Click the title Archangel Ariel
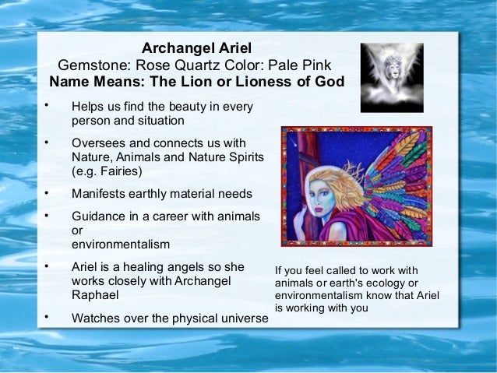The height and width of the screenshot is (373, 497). pyautogui.click(x=196, y=48)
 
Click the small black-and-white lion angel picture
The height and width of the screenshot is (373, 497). pyautogui.click(x=391, y=76)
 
